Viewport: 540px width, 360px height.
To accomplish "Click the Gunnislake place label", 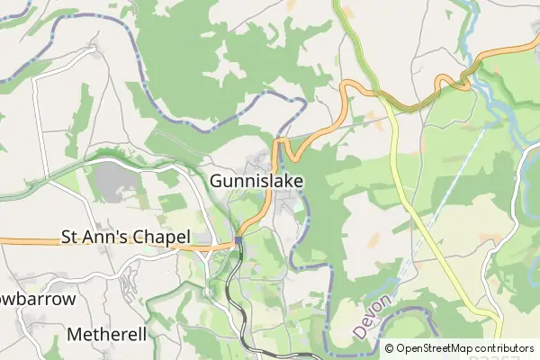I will coord(256,181).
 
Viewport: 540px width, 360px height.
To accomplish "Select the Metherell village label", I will coord(106,335).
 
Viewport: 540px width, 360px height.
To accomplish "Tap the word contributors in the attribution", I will coord(505,348).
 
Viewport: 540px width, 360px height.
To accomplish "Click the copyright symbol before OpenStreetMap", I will coord(389,348).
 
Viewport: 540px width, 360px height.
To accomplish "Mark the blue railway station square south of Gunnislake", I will coord(238,239).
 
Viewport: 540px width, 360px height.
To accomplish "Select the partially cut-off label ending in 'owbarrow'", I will coord(36,299).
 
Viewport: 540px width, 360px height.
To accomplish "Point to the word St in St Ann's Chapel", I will coord(70,238).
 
